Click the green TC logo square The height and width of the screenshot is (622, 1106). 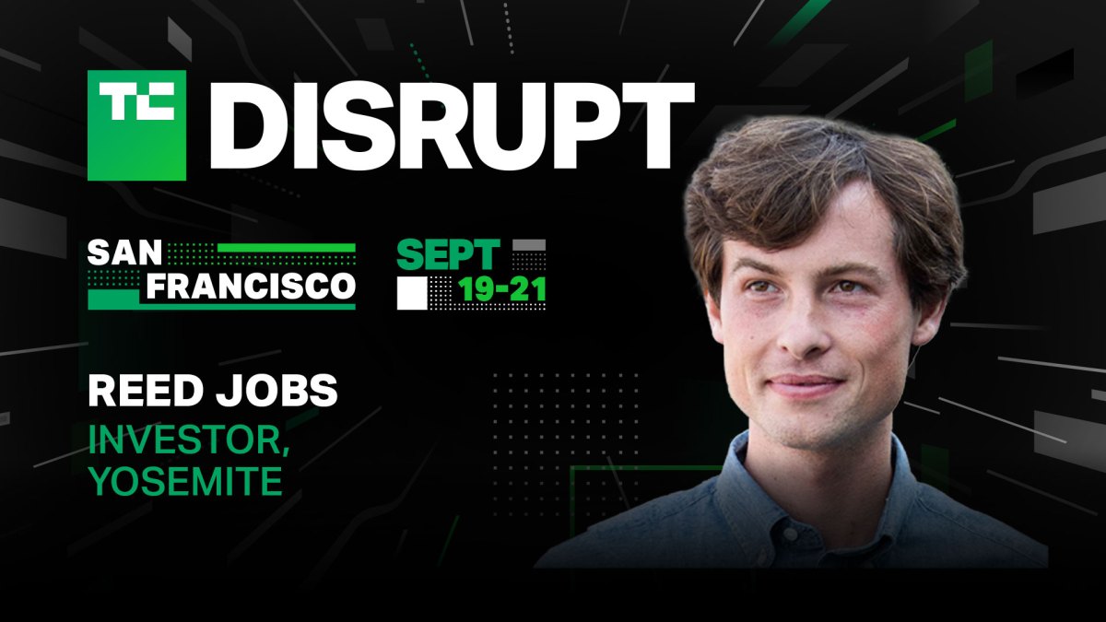tap(136, 125)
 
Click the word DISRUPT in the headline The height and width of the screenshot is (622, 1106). tap(453, 125)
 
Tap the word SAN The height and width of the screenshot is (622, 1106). tap(125, 253)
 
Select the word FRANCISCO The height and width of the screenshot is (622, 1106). tap(251, 287)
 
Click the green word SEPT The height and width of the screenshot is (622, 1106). tap(448, 254)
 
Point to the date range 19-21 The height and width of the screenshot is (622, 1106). tap(502, 289)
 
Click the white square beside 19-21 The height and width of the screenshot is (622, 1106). tap(412, 293)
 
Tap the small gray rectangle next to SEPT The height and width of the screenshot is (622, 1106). tap(529, 244)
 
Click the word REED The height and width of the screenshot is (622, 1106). tap(144, 391)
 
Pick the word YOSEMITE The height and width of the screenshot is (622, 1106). tap(185, 481)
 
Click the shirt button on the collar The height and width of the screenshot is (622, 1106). tap(790, 533)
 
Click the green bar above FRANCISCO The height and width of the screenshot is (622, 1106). tap(287, 248)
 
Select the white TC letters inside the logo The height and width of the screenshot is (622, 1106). tap(136, 100)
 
